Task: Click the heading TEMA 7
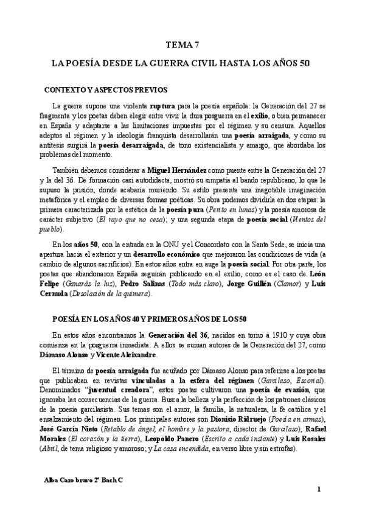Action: [182, 45]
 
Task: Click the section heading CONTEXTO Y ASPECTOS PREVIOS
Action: [106, 89]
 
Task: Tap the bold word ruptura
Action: [163, 105]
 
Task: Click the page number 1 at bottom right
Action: [319, 489]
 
